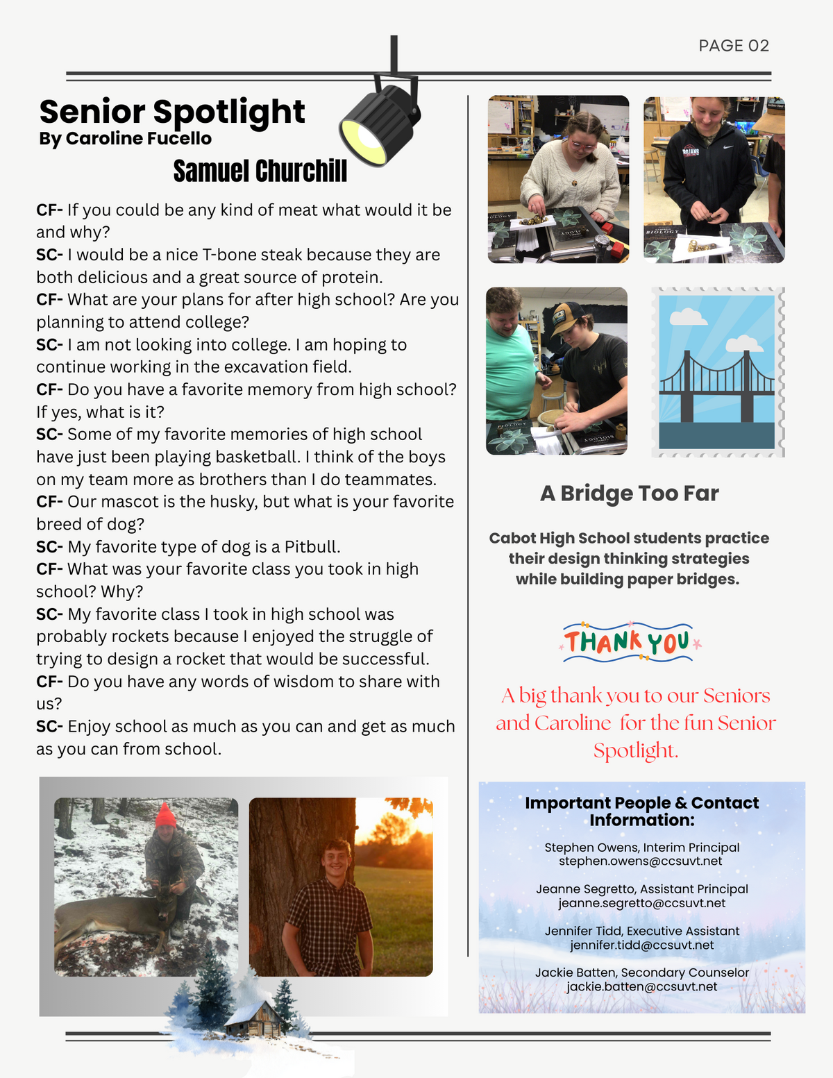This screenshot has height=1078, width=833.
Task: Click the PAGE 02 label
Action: click(x=734, y=46)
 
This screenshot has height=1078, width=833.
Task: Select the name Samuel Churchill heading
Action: click(x=260, y=171)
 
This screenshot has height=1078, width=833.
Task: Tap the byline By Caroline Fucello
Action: click(x=125, y=139)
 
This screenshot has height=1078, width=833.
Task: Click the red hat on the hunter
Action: click(x=165, y=816)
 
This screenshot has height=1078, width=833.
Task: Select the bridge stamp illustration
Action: click(x=717, y=372)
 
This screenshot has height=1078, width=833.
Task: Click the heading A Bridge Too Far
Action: click(x=629, y=494)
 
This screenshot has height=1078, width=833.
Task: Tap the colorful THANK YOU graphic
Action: click(x=629, y=641)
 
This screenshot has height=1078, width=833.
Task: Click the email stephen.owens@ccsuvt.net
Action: click(x=640, y=861)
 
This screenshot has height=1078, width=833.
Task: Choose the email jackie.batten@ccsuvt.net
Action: click(x=641, y=987)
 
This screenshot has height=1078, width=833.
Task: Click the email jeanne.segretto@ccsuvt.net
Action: click(x=641, y=903)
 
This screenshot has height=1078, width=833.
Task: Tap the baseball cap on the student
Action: click(x=568, y=316)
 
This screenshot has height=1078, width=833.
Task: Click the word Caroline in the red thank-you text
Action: click(x=573, y=723)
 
